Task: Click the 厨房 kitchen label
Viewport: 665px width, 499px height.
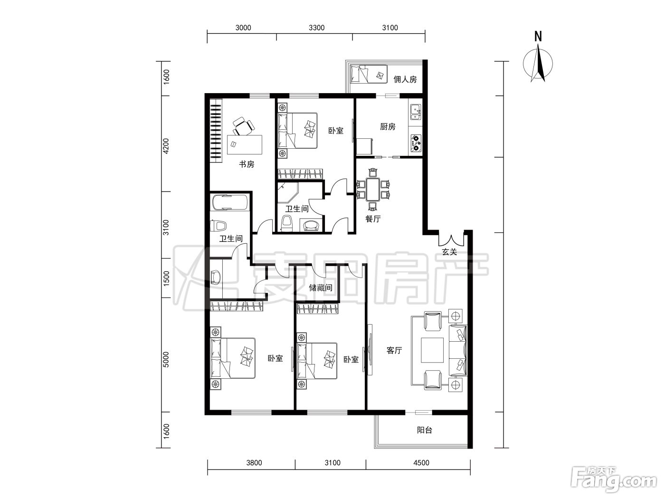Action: tap(388, 126)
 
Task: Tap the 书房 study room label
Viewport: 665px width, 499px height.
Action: tap(247, 164)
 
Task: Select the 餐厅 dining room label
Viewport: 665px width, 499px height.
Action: tap(373, 219)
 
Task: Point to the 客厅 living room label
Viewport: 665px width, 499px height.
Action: tap(394, 350)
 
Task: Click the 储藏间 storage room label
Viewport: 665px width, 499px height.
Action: tap(321, 288)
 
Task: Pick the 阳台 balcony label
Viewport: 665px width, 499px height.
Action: tap(425, 430)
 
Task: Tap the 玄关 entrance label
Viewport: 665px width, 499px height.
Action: tap(449, 252)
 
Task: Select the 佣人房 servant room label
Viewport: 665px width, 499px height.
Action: tap(405, 79)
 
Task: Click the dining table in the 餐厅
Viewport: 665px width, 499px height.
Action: tap(373, 190)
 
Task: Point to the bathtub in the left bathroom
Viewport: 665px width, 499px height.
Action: tap(230, 202)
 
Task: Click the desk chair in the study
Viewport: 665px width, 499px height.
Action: tap(243, 126)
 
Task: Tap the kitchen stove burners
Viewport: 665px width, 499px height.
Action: tap(416, 143)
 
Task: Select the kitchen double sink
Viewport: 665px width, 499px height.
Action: tap(415, 113)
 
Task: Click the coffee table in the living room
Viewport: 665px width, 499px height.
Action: tap(432, 350)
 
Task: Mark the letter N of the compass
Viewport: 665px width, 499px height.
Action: tap(538, 37)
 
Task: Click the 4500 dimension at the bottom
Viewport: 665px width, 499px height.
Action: tap(421, 462)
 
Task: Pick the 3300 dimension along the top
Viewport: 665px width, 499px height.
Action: tap(317, 28)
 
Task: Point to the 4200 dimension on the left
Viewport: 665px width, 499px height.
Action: tap(166, 146)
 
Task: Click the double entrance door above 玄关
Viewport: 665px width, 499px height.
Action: tap(451, 240)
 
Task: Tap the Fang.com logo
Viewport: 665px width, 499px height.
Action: tap(614, 480)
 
